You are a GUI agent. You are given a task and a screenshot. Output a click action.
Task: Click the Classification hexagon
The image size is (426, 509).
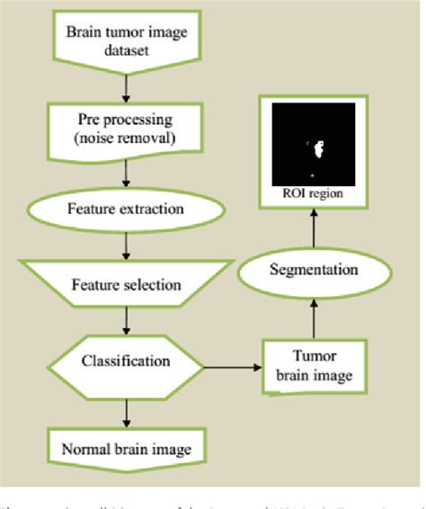coord(126,362)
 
